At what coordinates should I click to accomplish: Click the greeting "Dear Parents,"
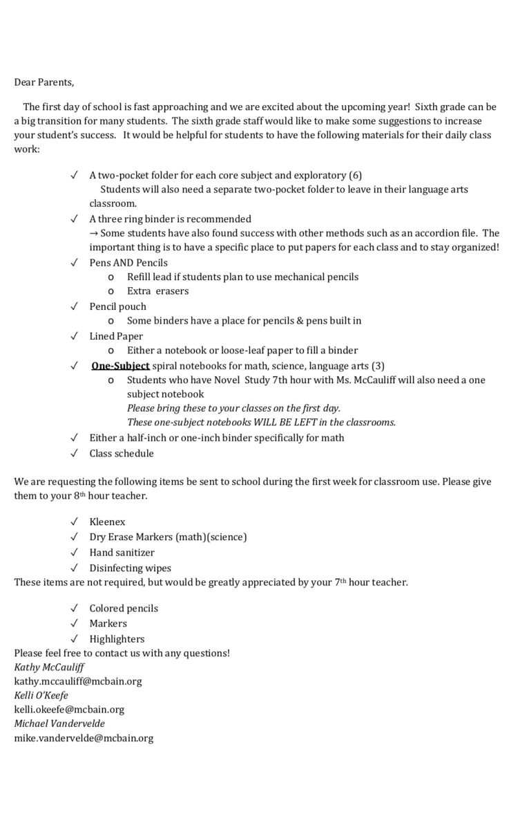pos(44,82)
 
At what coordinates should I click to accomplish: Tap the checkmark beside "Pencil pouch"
pos(74,306)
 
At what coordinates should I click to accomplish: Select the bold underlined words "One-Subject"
pos(120,365)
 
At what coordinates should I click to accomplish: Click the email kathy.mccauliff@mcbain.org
pos(78,681)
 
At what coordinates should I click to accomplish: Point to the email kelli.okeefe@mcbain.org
pos(69,710)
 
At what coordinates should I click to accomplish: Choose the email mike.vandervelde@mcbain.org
pos(84,738)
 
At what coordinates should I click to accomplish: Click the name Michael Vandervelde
pos(59,723)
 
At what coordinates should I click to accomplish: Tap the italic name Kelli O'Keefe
pos(41,695)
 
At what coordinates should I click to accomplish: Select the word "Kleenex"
pos(107,522)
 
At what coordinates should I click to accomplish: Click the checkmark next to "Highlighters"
pos(74,639)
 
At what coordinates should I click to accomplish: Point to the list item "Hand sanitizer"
pos(122,553)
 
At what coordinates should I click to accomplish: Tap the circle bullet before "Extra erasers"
pos(111,291)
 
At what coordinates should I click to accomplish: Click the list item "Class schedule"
pos(122,454)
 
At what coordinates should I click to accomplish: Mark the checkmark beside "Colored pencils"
pos(74,609)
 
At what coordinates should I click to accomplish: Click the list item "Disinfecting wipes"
pos(130,569)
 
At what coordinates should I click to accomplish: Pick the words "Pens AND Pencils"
pos(128,263)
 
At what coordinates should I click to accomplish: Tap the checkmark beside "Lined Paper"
pos(74,336)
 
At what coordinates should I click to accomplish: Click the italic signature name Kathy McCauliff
pos(49,667)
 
